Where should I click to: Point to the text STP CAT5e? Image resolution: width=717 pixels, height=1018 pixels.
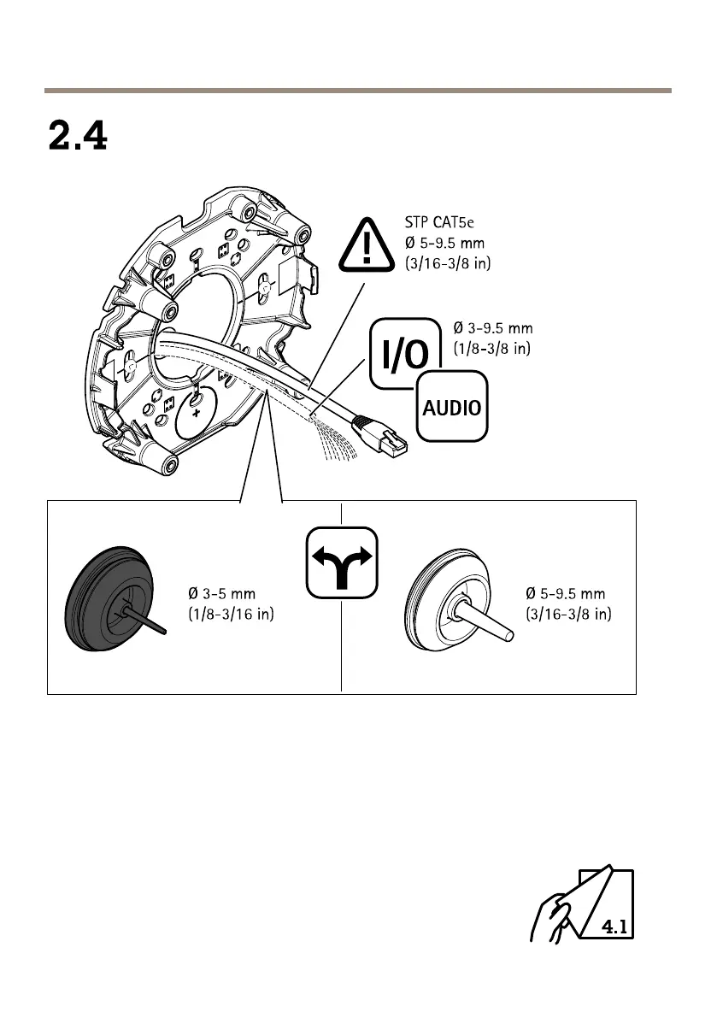[440, 226]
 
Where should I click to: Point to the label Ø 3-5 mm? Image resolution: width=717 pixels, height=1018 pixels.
[222, 593]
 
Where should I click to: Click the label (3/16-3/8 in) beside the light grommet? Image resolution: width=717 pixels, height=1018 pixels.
[568, 615]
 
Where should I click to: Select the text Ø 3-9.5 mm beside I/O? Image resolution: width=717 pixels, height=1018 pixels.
[491, 328]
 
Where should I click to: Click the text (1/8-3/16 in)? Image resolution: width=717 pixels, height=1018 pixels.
[231, 615]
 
